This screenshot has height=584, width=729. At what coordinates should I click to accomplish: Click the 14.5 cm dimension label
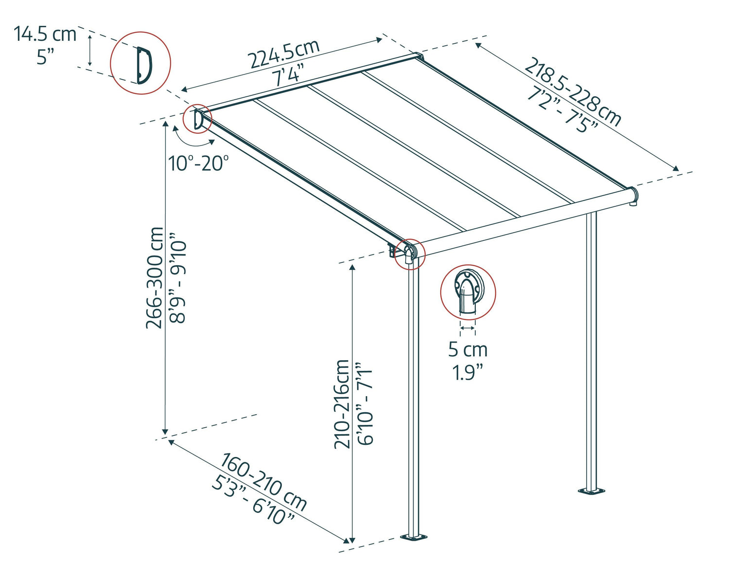pyautogui.click(x=45, y=35)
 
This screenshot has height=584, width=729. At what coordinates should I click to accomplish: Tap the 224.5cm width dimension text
pyautogui.click(x=284, y=54)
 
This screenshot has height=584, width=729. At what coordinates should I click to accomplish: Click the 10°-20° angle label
pyautogui.click(x=198, y=163)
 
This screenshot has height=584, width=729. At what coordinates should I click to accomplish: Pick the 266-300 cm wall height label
pyautogui.click(x=156, y=277)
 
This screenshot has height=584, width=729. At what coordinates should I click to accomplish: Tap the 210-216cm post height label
pyautogui.click(x=342, y=404)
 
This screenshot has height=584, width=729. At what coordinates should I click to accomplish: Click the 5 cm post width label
pyautogui.click(x=468, y=349)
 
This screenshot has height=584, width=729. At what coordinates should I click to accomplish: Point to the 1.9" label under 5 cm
pyautogui.click(x=468, y=372)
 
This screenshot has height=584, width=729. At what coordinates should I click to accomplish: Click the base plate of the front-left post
pyautogui.click(x=414, y=537)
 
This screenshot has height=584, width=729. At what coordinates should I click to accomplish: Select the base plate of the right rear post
pyautogui.click(x=591, y=491)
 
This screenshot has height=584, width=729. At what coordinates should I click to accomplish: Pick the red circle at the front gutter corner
pyautogui.click(x=409, y=254)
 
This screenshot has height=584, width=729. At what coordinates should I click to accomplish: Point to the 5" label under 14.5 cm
pyautogui.click(x=45, y=57)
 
